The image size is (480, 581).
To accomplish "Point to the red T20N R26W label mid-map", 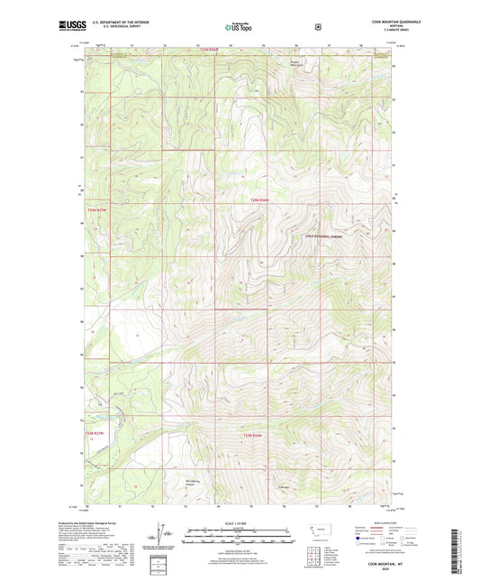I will pyautogui.click(x=259, y=199).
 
